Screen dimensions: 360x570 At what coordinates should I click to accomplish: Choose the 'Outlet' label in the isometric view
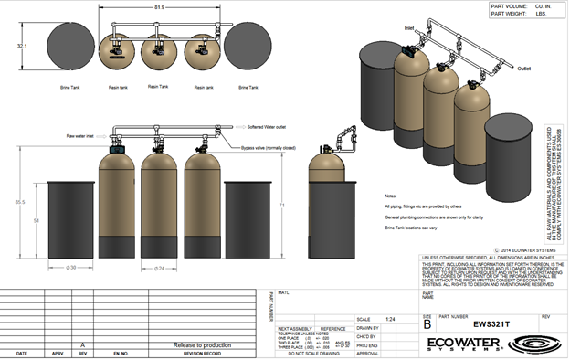click(523, 68)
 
